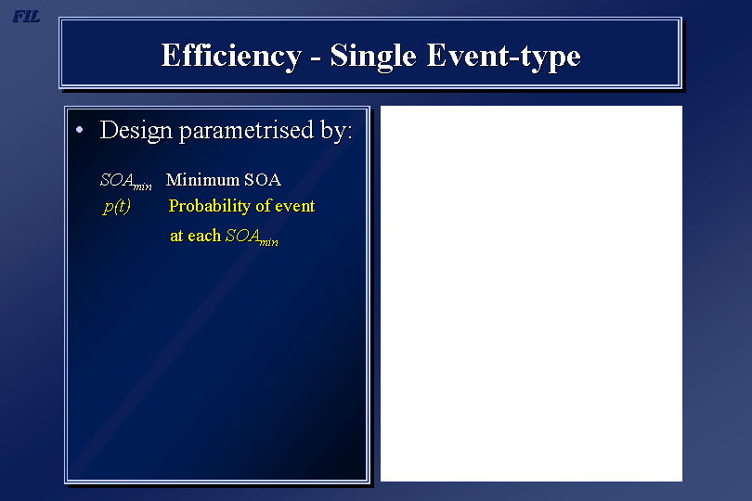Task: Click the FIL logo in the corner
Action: click(26, 17)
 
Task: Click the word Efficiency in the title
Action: click(231, 57)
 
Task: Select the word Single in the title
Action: click(373, 57)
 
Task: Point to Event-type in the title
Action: click(503, 57)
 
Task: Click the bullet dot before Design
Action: click(80, 130)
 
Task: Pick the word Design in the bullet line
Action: click(136, 131)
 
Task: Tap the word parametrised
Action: click(247, 131)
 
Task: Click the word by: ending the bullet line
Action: click(337, 131)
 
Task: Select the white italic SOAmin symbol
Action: click(125, 181)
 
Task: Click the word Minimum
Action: click(202, 179)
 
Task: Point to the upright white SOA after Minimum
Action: click(263, 179)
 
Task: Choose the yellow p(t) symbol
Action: click(117, 206)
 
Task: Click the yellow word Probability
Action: click(210, 206)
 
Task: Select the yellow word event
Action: click(295, 206)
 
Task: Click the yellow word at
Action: click(176, 236)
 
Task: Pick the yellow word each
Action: click(204, 236)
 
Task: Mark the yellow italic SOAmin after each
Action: click(252, 237)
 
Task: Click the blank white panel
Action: click(531, 293)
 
